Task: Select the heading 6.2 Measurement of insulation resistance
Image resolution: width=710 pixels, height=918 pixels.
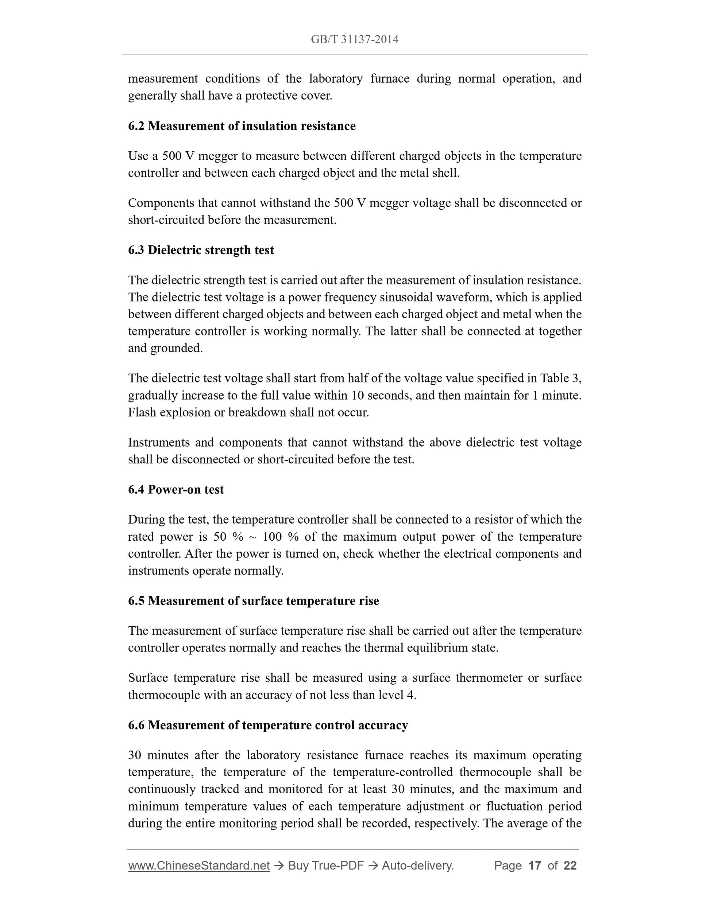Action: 242,126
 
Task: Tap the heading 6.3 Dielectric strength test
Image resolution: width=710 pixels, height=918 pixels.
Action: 201,250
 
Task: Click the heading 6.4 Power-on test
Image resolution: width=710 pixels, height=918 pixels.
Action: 176,490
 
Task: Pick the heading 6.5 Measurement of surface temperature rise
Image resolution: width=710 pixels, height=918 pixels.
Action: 253,601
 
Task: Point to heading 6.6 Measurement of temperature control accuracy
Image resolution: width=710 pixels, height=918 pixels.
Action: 268,725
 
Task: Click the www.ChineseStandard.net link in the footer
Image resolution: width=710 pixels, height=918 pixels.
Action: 198,866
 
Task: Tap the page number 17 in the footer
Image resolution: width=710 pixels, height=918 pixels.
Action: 534,866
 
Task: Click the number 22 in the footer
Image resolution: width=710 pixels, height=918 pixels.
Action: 570,866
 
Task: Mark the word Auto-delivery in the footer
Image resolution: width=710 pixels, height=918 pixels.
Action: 417,866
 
